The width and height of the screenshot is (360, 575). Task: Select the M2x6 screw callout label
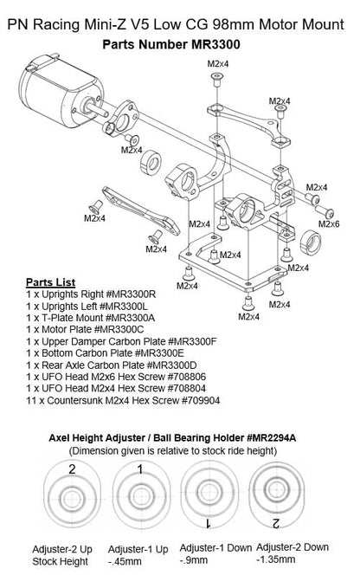tap(328, 223)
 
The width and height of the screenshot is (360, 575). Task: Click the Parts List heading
tap(50, 283)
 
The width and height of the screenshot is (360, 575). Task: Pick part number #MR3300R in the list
tap(134, 295)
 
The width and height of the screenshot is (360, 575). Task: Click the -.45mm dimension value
tap(126, 563)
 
